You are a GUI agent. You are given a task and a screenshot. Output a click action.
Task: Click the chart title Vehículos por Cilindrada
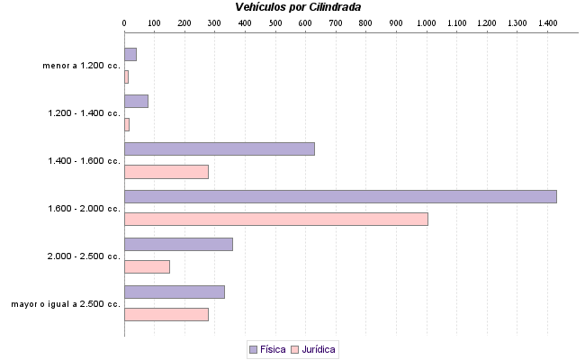click(298, 7)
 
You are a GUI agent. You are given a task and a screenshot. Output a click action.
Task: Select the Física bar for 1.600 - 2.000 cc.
click(340, 196)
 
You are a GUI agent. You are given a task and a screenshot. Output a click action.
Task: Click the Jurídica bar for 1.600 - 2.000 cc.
click(275, 219)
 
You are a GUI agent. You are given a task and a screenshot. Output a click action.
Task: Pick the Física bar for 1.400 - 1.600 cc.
click(219, 148)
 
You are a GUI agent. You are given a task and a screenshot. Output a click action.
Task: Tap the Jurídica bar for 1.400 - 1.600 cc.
click(166, 172)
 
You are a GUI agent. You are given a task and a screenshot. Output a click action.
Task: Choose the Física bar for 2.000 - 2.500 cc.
click(178, 244)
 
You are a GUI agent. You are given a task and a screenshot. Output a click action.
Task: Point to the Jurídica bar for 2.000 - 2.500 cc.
click(147, 266)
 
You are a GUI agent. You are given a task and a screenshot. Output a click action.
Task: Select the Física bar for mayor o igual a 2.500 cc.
click(174, 292)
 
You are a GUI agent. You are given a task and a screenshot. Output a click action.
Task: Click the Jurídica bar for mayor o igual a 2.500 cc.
click(166, 314)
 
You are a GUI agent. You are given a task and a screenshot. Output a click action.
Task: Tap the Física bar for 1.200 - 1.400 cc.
click(136, 101)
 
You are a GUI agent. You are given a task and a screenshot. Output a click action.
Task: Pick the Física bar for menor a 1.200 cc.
click(130, 54)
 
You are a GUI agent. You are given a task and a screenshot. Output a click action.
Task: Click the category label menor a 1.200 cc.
click(81, 66)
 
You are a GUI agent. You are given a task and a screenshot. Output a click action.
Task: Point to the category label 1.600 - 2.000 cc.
click(84, 209)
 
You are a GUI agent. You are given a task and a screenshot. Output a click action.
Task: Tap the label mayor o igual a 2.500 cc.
click(66, 304)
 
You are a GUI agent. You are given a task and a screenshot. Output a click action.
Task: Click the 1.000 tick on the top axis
click(426, 22)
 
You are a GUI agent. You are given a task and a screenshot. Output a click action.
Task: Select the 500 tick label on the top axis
click(274, 22)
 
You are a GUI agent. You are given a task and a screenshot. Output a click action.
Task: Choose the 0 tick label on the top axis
click(124, 22)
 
